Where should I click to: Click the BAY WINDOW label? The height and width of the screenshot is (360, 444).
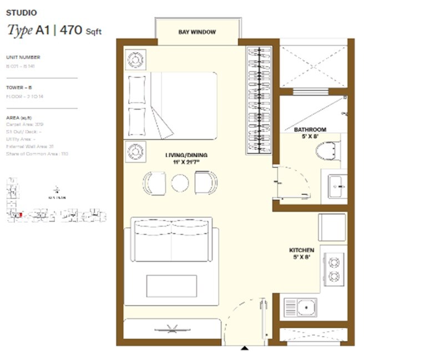[197, 32]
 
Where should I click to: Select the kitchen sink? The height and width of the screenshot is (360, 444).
[300, 307]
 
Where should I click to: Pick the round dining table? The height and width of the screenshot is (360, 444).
[180, 183]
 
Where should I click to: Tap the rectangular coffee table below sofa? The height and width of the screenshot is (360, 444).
[171, 286]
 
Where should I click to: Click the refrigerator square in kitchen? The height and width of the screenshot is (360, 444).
[332, 227]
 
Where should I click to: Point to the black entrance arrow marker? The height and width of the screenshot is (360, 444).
[244, 348]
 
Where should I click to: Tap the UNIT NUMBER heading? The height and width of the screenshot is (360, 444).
[23, 57]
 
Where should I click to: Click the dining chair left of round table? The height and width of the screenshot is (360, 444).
[154, 183]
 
